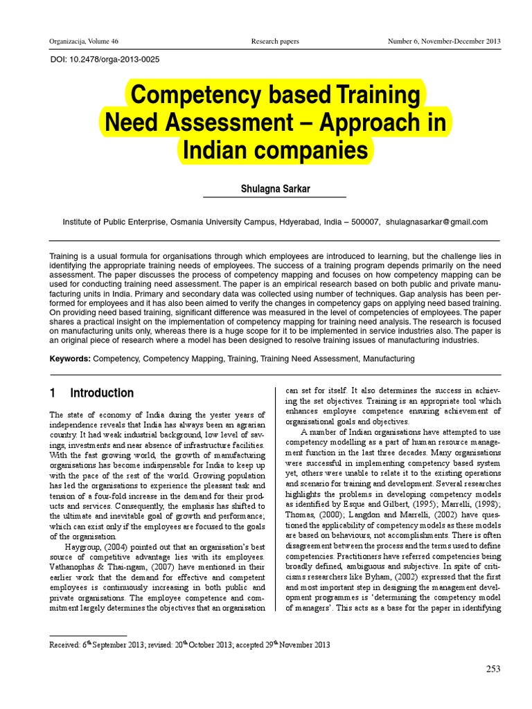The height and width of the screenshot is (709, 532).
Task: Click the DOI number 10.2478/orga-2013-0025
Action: (x=116, y=60)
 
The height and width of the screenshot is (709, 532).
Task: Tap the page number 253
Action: (x=493, y=668)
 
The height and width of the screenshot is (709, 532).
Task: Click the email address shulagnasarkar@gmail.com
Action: (x=437, y=222)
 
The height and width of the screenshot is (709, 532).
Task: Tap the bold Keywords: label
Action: (x=70, y=359)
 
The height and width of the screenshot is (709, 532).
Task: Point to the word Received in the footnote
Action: (x=66, y=645)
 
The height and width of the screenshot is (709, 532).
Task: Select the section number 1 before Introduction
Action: (x=52, y=393)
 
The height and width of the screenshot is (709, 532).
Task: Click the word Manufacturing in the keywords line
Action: (x=389, y=359)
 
